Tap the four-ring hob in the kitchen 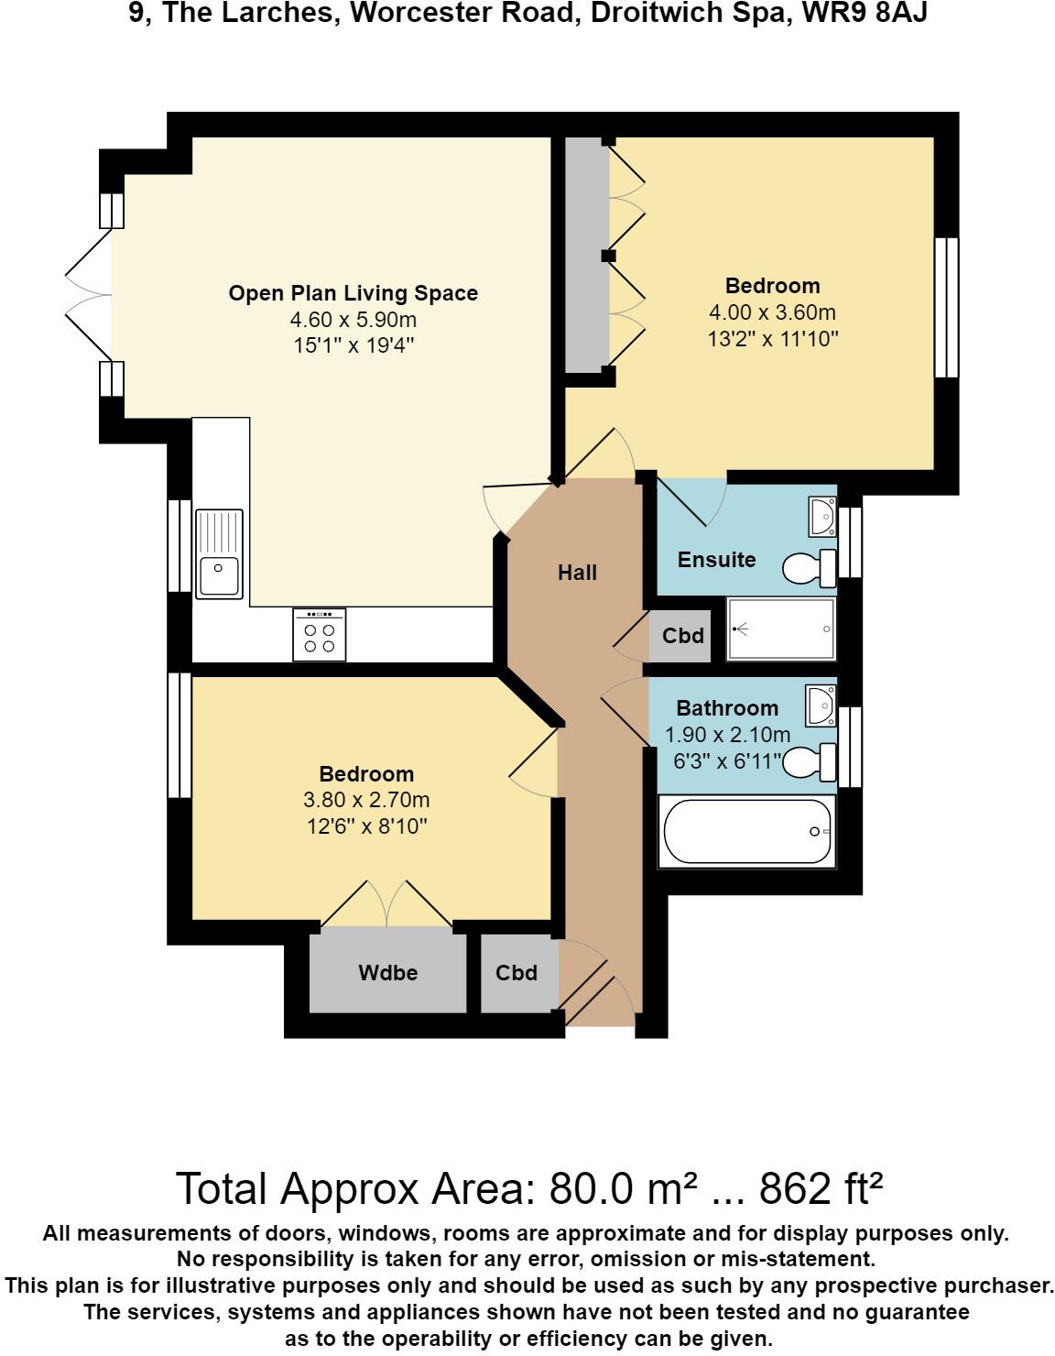click(320, 635)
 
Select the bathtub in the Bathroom click(747, 831)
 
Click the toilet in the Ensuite click(810, 568)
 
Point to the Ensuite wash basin click(822, 516)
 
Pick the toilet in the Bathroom click(810, 762)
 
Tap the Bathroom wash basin click(821, 705)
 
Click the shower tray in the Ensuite click(781, 629)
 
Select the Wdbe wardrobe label click(387, 973)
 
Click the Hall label click(577, 573)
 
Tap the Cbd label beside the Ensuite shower click(683, 636)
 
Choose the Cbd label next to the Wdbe click(517, 973)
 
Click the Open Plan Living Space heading click(353, 293)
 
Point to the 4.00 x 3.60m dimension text click(773, 312)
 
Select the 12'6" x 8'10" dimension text click(366, 826)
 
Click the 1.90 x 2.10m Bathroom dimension click(728, 735)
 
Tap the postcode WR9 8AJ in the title click(865, 13)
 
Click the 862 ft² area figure click(821, 1188)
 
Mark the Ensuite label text click(716, 560)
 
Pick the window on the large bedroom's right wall click(947, 308)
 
